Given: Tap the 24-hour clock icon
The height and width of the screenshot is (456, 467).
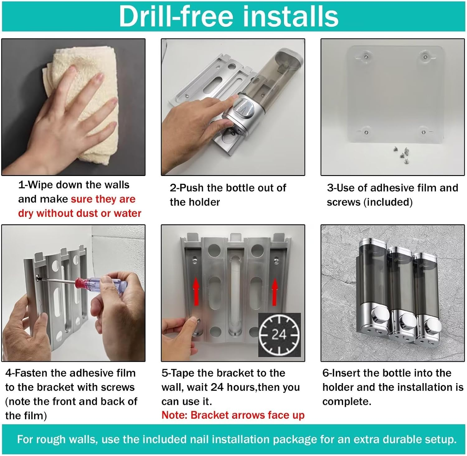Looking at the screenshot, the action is (280, 335).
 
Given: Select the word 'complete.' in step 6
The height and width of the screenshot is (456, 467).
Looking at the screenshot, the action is (347, 402).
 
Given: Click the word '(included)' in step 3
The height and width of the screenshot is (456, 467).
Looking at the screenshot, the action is (388, 202).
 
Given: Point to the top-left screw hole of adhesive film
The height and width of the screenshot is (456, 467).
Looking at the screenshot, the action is (366, 57).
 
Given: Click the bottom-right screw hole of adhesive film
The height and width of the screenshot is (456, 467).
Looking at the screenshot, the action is (423, 132).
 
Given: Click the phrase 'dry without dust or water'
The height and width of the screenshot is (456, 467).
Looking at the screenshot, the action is (80, 213).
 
